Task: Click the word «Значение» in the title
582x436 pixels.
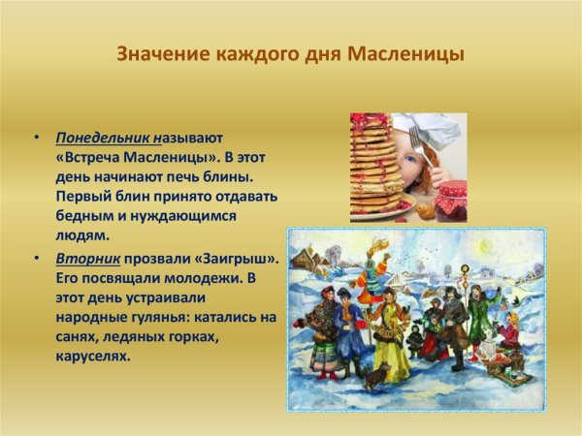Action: point(158,53)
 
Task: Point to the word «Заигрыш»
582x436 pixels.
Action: point(239,261)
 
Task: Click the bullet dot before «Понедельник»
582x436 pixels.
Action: point(36,139)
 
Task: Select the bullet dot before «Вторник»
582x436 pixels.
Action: point(36,261)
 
